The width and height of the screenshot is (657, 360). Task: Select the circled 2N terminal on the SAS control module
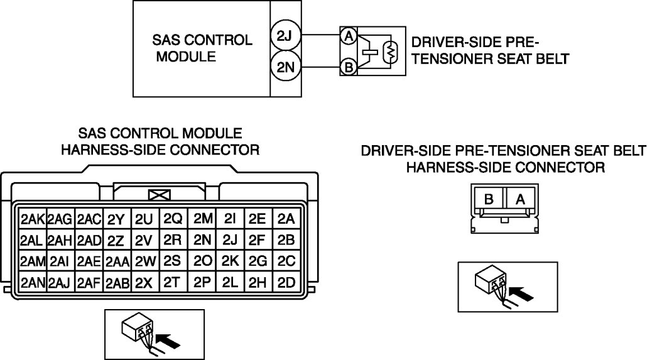tap(285, 67)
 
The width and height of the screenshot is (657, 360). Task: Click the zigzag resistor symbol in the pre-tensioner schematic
tap(389, 52)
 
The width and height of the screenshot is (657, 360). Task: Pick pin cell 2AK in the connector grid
tap(32, 219)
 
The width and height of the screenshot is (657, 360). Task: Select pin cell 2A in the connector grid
tap(286, 219)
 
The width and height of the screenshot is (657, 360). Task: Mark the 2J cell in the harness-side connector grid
tap(229, 239)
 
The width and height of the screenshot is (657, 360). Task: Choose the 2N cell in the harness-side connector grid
tap(202, 239)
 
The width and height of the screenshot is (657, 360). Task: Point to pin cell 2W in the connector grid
tap(145, 261)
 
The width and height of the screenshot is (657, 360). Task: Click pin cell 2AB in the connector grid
tap(117, 282)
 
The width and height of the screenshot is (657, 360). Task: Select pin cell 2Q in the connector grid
tap(173, 219)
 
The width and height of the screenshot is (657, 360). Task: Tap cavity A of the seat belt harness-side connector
tap(520, 199)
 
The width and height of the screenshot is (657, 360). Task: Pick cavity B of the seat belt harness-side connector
tap(489, 199)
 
